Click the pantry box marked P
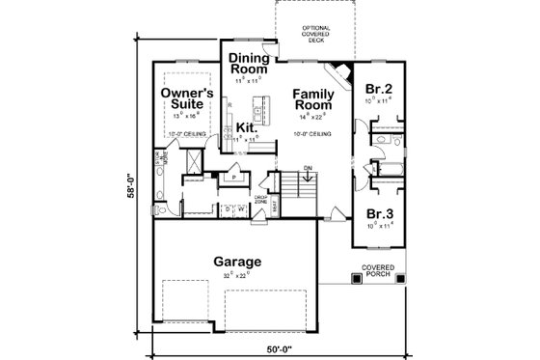point(234,178)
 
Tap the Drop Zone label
point(259,201)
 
